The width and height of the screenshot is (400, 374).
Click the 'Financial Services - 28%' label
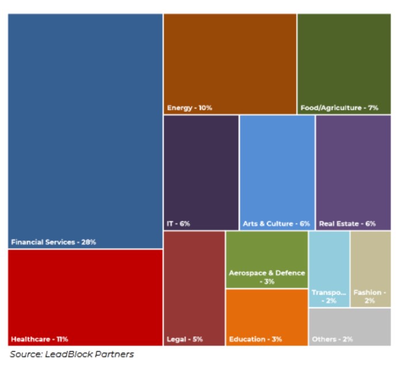click(53, 242)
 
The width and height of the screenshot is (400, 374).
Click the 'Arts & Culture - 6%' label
click(276, 224)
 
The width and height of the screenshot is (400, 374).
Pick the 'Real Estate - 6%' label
click(347, 224)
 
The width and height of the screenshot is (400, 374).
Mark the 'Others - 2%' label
click(332, 339)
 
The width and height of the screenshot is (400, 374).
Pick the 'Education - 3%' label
click(255, 339)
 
